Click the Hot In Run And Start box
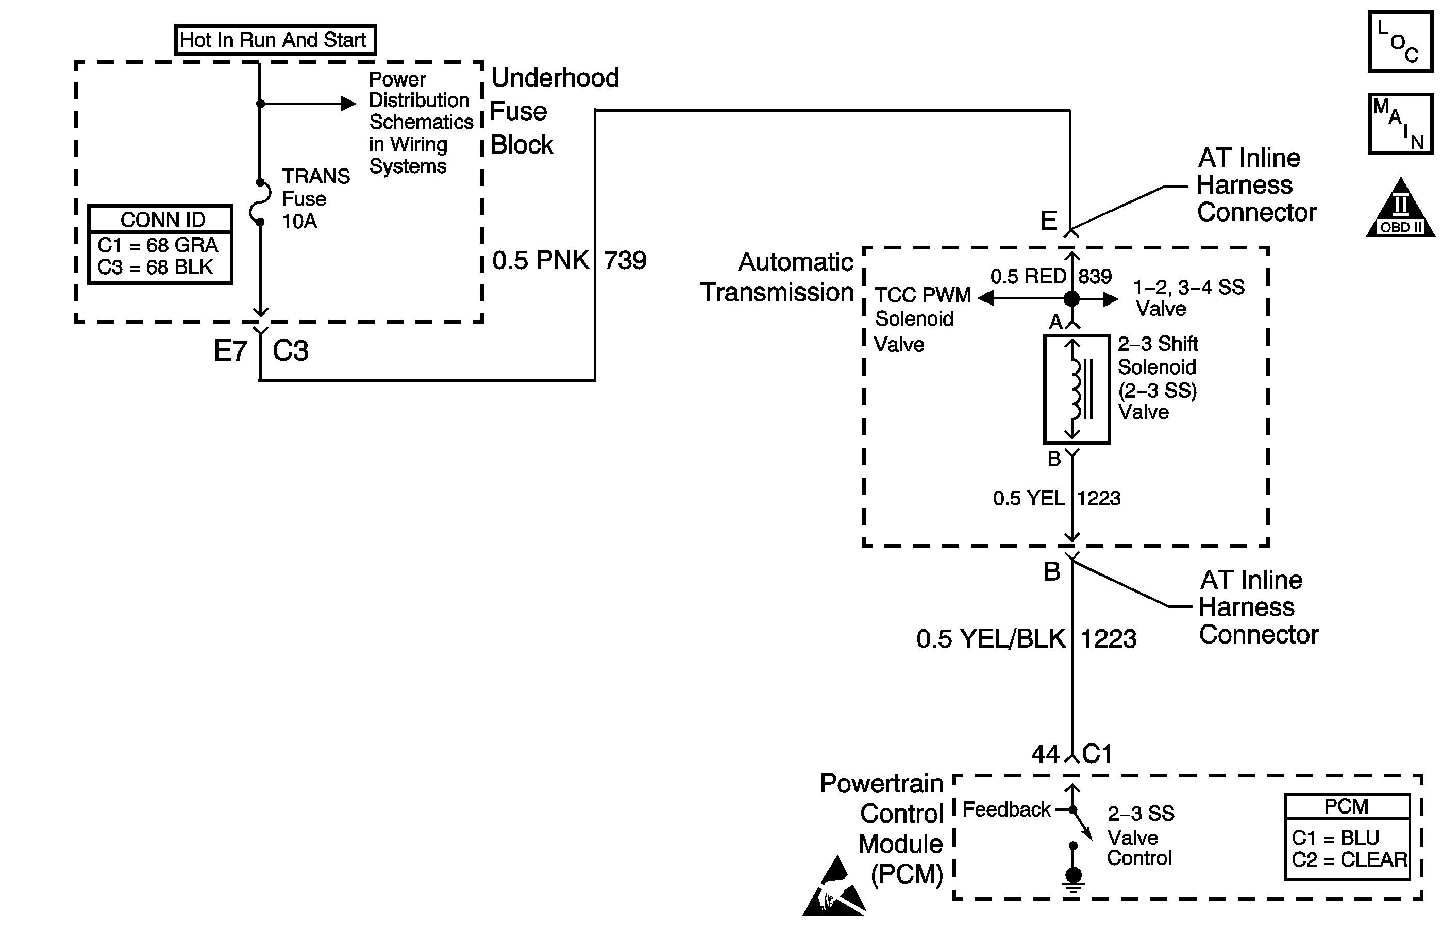click(275, 40)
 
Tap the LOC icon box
click(1400, 41)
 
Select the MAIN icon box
click(1400, 124)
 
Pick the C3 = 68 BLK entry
click(155, 267)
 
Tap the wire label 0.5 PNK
click(540, 261)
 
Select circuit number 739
click(625, 261)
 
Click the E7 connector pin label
click(230, 351)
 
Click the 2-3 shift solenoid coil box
click(1076, 390)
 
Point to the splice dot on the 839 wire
click(1071, 298)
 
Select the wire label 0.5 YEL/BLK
click(991, 638)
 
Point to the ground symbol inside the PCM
click(1073, 878)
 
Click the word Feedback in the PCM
click(1007, 809)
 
